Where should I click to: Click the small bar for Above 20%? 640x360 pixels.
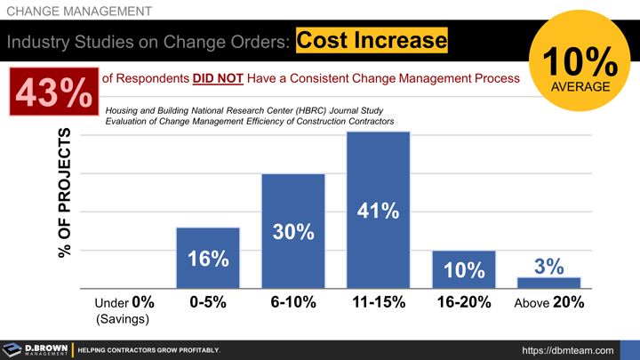548,283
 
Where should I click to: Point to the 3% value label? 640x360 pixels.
548,266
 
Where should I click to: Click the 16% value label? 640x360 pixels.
208,259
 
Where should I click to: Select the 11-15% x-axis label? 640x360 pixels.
379,302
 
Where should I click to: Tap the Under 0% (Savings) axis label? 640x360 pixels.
124,309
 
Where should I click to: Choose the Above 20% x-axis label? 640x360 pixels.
549,302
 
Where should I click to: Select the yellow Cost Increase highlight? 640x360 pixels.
371,40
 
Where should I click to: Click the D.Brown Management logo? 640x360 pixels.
35,349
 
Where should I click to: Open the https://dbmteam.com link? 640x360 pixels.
567,350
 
